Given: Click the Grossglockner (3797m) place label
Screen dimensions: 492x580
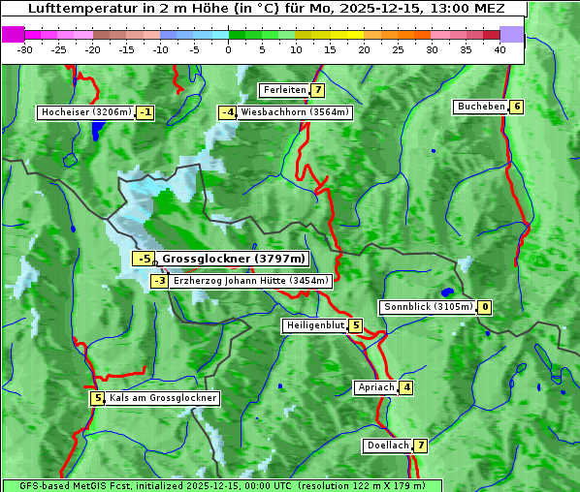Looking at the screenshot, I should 233,259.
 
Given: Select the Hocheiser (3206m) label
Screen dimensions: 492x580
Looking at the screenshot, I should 85,112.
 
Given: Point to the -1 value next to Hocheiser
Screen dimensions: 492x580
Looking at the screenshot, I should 145,112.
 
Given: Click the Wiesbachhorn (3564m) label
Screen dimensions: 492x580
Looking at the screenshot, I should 295,112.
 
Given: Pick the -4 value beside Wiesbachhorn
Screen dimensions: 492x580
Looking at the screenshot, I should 227,112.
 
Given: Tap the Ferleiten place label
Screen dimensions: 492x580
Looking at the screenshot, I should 284,90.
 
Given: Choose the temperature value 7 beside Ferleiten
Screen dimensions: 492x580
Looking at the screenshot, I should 318,90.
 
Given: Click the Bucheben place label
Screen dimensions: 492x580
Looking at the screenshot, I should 480,107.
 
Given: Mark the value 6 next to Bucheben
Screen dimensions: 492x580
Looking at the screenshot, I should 517,107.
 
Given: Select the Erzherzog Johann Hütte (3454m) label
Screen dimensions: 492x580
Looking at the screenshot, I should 251,281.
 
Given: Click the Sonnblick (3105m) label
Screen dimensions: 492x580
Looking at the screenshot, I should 428,307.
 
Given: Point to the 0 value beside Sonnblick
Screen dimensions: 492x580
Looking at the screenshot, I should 485,307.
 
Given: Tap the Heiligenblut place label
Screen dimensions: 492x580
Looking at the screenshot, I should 314,325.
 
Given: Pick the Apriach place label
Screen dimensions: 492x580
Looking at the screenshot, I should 375,387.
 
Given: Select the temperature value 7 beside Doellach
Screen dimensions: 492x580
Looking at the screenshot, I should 420,446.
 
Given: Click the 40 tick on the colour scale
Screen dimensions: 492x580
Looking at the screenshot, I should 499,49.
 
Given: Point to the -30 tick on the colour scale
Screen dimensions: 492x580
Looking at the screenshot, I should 24,49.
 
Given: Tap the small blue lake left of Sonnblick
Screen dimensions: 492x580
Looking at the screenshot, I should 447,292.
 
